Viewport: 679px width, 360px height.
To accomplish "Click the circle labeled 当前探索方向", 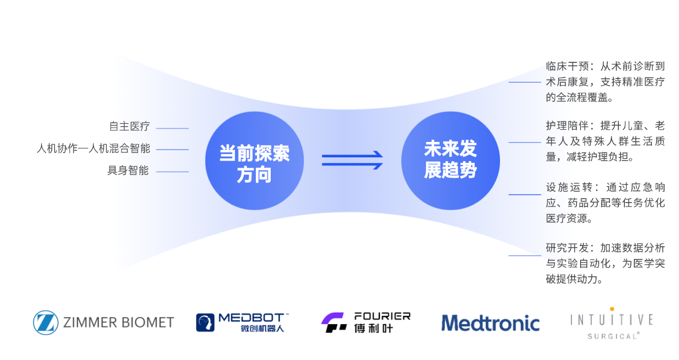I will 254,161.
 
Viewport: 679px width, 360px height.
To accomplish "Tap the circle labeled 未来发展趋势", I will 450,161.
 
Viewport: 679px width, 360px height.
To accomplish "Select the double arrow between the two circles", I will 352,160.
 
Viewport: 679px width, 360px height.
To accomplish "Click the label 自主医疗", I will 129,126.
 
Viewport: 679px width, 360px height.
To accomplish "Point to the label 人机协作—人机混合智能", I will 93,149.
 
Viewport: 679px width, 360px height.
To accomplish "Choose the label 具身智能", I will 128,171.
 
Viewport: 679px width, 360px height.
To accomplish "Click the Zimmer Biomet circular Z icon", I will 45,322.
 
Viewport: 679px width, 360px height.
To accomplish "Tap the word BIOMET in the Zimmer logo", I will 147,322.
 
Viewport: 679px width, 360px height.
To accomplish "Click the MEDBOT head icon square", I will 206,322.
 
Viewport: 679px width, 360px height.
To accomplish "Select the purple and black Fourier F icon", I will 334,322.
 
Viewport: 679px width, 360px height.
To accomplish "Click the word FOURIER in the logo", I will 382,316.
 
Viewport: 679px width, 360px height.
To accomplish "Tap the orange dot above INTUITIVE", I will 612,309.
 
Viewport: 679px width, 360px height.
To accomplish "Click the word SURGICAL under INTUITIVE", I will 611,336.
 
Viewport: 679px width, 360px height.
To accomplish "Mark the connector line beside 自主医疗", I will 172,129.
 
